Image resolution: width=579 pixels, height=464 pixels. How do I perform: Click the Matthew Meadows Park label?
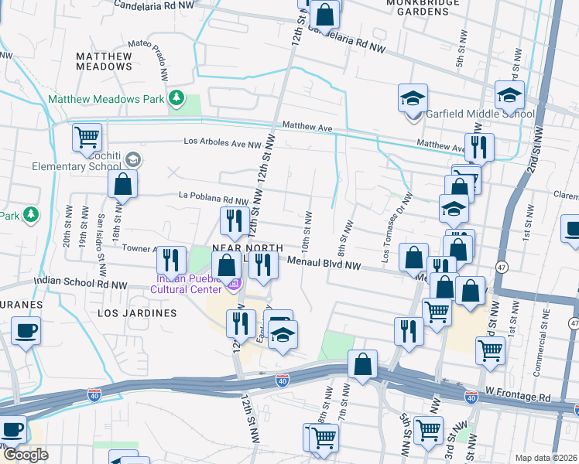(106, 99)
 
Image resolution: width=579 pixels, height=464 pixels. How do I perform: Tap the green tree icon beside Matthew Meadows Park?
(177, 97)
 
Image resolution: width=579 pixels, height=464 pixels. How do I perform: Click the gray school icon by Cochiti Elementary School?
(132, 159)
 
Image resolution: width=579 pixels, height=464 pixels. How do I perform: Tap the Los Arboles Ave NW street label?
(223, 142)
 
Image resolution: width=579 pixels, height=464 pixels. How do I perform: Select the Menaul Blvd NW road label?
(324, 264)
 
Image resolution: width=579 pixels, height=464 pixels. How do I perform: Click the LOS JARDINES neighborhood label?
(137, 313)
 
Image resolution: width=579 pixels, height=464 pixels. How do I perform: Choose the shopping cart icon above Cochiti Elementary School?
(87, 137)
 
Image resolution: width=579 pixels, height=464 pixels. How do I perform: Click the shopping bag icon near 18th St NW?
(122, 184)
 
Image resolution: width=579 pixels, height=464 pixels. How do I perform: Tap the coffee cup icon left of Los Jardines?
(26, 331)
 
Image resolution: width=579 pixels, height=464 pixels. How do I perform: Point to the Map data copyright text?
(546, 458)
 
